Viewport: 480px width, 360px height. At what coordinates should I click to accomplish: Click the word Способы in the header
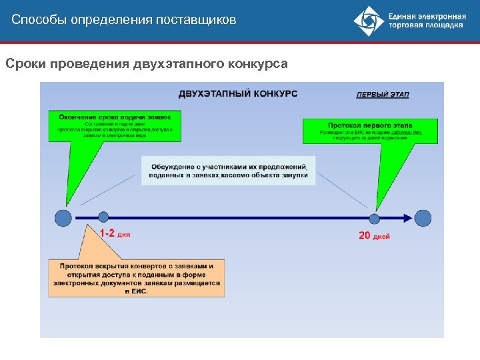(34, 20)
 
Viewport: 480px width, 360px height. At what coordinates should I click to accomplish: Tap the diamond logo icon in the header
(369, 21)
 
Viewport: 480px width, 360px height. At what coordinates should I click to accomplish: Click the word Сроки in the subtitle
(23, 64)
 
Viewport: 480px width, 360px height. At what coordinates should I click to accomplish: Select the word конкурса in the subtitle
(257, 64)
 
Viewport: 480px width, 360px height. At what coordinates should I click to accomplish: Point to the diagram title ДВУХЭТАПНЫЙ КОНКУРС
(237, 93)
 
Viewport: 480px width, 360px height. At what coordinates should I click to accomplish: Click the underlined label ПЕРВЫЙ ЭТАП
(383, 95)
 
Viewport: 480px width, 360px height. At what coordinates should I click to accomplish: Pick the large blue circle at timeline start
(63, 217)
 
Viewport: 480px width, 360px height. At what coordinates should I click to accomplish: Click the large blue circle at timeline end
(423, 217)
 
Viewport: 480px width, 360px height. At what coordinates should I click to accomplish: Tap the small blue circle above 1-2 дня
(103, 217)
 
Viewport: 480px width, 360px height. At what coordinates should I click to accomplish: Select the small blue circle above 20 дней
(375, 217)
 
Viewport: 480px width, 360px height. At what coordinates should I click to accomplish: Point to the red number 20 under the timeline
(365, 235)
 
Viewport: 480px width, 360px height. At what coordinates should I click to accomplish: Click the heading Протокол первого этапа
(370, 125)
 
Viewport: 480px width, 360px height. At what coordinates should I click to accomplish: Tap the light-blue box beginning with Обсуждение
(229, 170)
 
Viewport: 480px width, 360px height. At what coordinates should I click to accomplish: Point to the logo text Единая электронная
(426, 16)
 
